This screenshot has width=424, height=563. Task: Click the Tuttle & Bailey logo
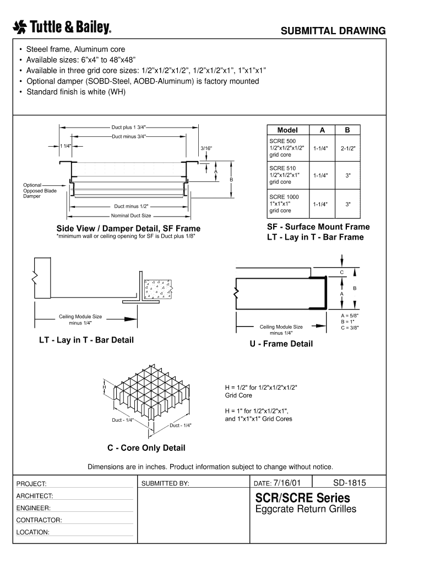[62, 27]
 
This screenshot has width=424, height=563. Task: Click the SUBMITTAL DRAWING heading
[333, 31]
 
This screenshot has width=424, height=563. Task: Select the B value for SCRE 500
[348, 148]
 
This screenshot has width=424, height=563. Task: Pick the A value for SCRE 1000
[320, 205]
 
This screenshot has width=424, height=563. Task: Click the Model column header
[287, 130]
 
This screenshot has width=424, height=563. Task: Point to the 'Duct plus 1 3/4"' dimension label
[128, 127]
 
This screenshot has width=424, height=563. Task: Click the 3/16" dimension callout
[206, 148]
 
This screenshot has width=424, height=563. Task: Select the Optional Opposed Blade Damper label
[40, 191]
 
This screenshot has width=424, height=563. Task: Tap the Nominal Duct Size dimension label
[131, 216]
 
